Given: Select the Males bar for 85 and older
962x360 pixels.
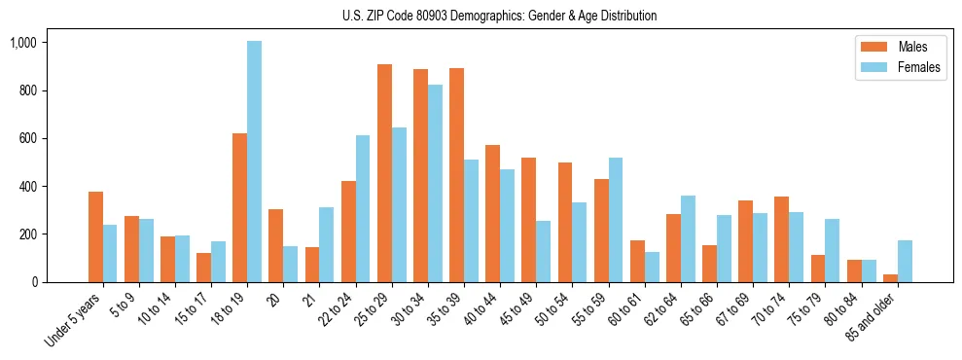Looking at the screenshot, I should click(890, 278).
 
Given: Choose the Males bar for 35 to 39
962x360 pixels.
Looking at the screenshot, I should click(456, 175).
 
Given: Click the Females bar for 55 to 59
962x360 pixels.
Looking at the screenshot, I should click(615, 220).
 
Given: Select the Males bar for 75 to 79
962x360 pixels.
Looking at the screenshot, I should click(817, 269).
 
